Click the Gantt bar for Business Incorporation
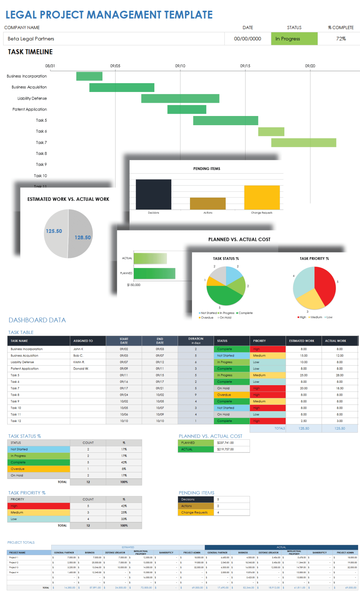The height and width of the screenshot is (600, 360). (89, 76)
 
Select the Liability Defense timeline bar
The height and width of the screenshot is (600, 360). (180, 98)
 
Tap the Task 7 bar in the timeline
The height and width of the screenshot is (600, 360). (304, 142)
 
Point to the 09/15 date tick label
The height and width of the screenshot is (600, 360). (245, 66)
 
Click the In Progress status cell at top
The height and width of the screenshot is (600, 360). (294, 39)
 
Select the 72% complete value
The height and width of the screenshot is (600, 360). (341, 39)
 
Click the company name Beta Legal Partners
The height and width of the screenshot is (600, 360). (31, 39)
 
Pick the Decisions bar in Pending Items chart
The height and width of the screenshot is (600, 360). (154, 194)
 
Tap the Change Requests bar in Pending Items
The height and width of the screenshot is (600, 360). (262, 197)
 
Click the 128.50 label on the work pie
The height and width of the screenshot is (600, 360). (82, 238)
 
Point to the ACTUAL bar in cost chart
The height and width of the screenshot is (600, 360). (150, 258)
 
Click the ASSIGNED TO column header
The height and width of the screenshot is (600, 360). (83, 341)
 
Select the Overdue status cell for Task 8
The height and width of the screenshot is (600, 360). (231, 395)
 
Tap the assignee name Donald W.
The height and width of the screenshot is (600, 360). (81, 369)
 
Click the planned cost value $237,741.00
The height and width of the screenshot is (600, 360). (226, 443)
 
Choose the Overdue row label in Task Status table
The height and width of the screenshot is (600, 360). (18, 469)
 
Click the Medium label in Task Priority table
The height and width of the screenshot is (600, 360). (17, 512)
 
